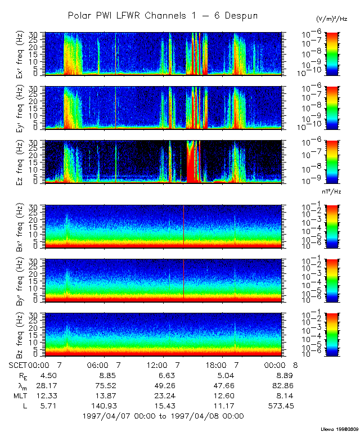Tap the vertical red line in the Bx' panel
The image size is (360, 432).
184,225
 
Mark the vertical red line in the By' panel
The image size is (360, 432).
184,278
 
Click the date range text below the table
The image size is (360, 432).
163,416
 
